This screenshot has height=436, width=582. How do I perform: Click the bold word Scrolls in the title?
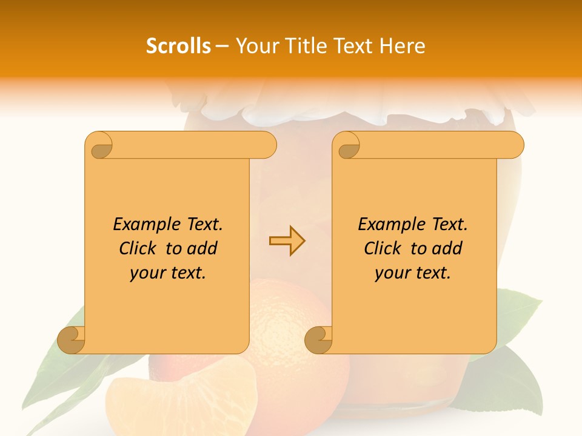178,46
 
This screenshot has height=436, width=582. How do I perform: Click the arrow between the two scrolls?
287,240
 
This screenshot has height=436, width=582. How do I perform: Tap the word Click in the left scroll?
140,248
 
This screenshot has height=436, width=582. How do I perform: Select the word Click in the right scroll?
385,248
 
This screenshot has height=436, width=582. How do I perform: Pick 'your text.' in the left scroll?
168,272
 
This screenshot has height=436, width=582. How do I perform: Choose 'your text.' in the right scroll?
413,272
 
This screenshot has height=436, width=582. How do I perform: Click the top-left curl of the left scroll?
99,145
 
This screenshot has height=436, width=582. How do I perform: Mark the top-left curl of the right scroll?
347,145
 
